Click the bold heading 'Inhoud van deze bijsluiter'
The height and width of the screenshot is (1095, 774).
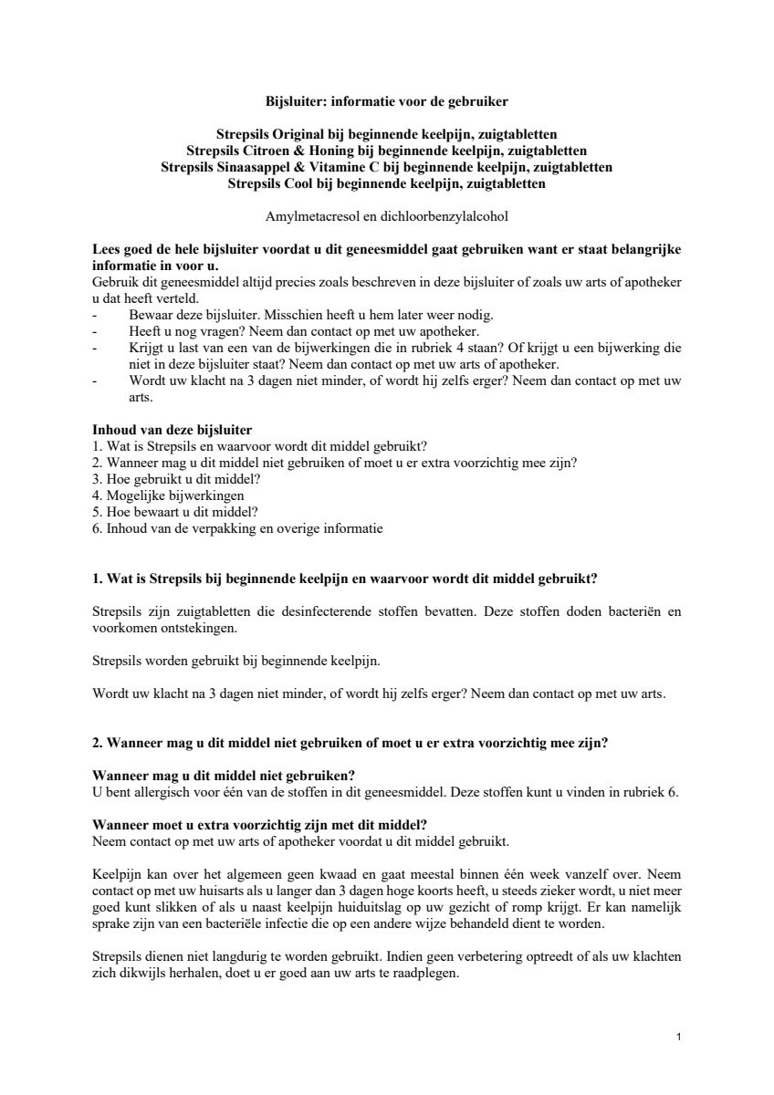coord(173,430)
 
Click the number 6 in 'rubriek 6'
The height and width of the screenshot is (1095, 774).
coord(675,791)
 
